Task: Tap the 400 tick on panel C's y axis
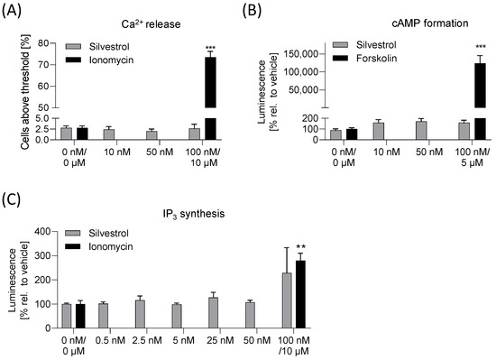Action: pos(59,232)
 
